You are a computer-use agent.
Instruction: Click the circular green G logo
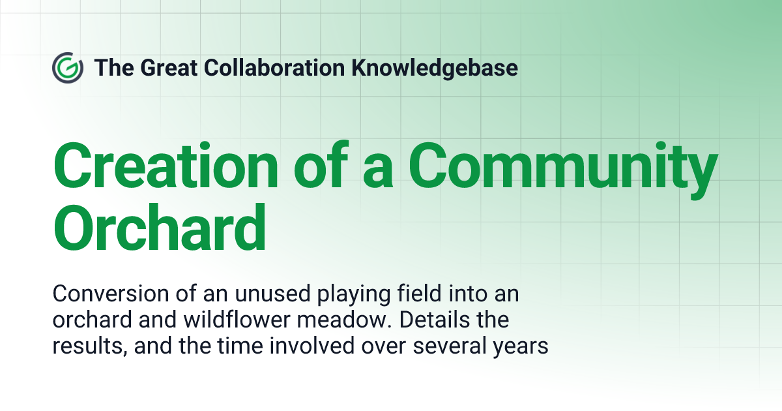[x=67, y=68]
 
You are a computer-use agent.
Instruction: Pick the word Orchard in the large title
[x=160, y=227]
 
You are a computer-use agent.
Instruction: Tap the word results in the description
[x=87, y=346]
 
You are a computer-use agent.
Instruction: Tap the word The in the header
[x=111, y=68]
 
